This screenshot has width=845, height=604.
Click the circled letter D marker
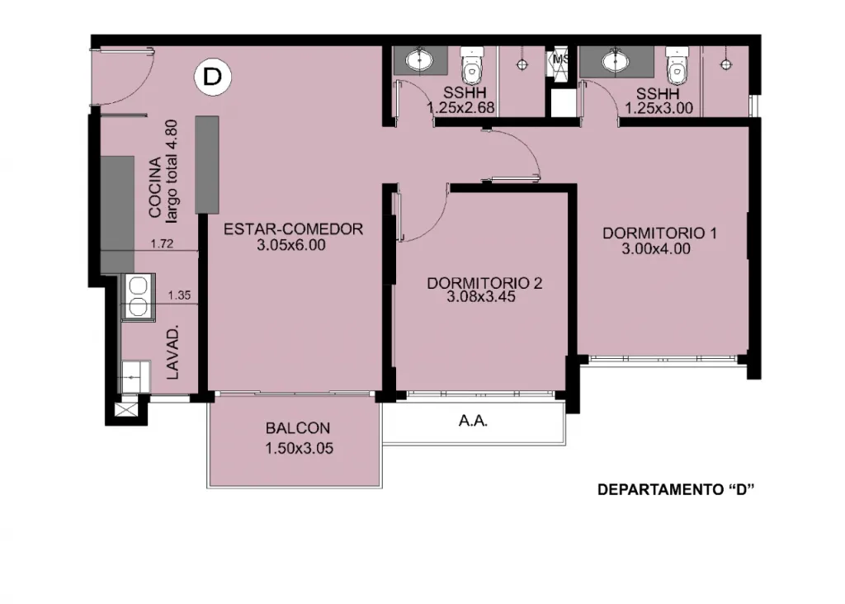click(212, 77)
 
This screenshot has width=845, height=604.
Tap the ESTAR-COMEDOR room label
click(293, 229)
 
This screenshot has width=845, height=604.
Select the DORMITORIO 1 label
click(659, 234)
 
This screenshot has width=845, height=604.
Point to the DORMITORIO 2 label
click(484, 283)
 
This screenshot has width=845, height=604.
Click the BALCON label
click(297, 428)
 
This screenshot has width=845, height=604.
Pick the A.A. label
click(473, 421)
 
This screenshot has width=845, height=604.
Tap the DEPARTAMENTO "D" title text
click(676, 490)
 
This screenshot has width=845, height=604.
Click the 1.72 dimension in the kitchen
click(162, 243)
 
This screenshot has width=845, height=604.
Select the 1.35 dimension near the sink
click(179, 295)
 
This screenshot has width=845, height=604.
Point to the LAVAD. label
click(172, 353)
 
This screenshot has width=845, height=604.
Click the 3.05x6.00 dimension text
click(291, 245)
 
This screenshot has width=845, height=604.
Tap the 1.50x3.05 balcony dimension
click(299, 448)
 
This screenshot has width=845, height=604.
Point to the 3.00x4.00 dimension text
click(656, 249)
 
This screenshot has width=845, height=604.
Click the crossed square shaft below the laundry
click(126, 410)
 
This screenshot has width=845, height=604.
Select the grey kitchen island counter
click(207, 164)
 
